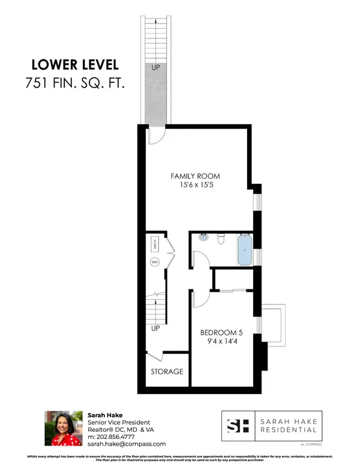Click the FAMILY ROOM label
click(x=195, y=176)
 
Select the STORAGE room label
click(x=167, y=372)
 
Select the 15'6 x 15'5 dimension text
click(x=195, y=186)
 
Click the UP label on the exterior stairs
click(x=155, y=68)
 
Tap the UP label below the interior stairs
click(x=155, y=328)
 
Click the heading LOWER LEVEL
click(x=74, y=65)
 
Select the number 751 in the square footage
click(x=37, y=83)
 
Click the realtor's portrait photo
click(x=63, y=428)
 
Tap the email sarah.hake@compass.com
click(x=127, y=444)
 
